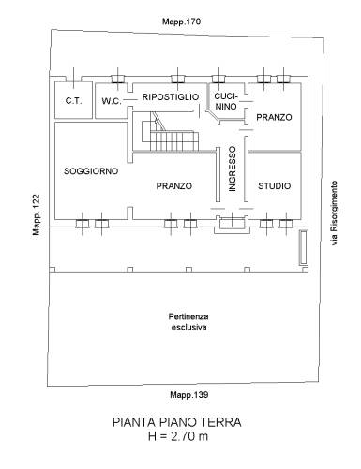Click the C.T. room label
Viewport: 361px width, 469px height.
pyautogui.click(x=73, y=101)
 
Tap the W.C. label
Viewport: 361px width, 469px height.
pyautogui.click(x=112, y=101)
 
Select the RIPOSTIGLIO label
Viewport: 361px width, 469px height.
pyautogui.click(x=171, y=97)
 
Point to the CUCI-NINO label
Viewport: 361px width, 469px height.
pyautogui.click(x=226, y=101)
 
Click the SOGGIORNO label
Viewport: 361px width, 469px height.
pyautogui.click(x=91, y=171)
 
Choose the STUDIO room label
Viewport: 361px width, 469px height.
pyautogui.click(x=274, y=186)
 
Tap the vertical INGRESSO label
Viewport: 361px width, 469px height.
pyautogui.click(x=233, y=169)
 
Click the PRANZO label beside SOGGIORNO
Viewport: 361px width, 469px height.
pyautogui.click(x=174, y=186)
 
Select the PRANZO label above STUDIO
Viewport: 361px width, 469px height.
pyautogui.click(x=274, y=117)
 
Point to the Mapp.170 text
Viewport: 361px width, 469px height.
pyautogui.click(x=181, y=22)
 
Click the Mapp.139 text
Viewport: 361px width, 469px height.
pyautogui.click(x=189, y=395)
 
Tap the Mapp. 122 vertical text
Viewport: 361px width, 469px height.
pyautogui.click(x=37, y=214)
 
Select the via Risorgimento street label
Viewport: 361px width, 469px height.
pyautogui.click(x=334, y=213)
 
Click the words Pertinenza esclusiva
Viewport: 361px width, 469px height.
pyautogui.click(x=188, y=322)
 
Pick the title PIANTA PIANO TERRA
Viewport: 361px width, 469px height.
pyautogui.click(x=177, y=422)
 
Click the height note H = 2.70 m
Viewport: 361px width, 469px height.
pyautogui.click(x=178, y=436)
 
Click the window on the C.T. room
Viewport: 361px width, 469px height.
pyautogui.click(x=73, y=79)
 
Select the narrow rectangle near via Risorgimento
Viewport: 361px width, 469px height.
pyautogui.click(x=303, y=247)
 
